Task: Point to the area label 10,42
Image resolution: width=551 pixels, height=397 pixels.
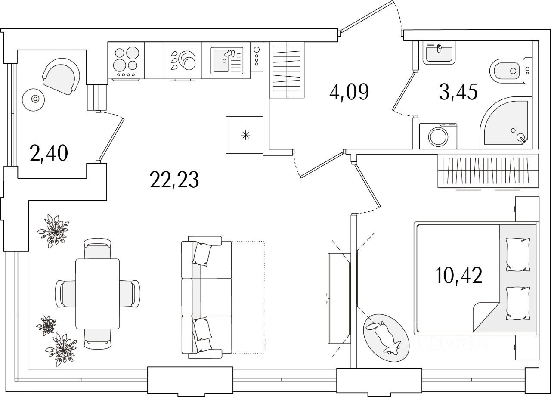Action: [458, 275]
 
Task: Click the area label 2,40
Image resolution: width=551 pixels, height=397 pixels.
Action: [49, 153]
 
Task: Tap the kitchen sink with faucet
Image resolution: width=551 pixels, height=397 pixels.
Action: [226, 60]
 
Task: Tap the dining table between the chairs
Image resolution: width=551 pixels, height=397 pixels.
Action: [97, 293]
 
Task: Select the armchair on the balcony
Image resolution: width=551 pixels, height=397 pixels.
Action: [62, 76]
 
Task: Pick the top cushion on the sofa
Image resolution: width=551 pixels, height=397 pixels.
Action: [201, 254]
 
